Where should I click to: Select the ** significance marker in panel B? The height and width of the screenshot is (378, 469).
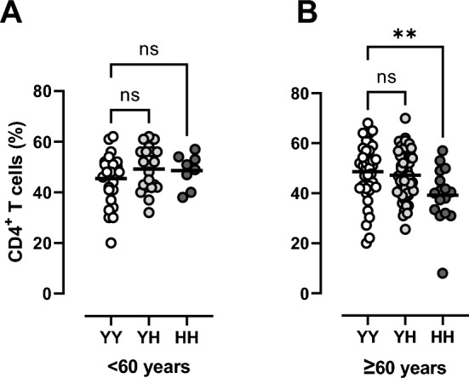405,34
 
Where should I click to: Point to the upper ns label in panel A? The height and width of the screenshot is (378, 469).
151,51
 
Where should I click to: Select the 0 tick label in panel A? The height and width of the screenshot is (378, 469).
47,293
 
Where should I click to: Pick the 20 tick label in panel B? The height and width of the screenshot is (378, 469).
299,243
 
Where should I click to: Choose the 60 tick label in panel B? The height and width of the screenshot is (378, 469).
299,142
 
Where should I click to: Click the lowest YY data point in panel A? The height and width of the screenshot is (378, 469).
111,243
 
